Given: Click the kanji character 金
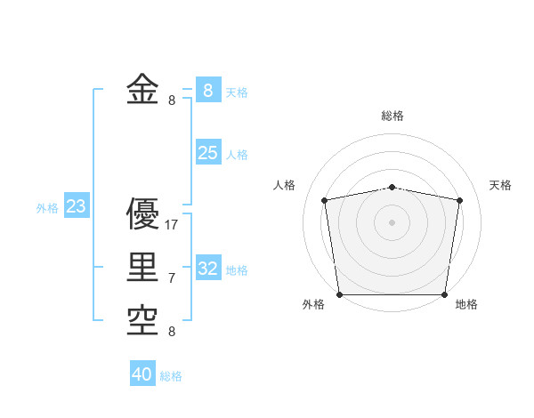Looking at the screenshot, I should tap(143, 91).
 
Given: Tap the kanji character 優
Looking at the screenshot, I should tap(143, 215).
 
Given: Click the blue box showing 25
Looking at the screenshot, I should tap(207, 153).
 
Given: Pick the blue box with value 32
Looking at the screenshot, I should tap(207, 269).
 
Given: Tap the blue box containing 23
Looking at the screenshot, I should tap(76, 207).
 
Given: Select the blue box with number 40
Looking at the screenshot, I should tap(142, 374).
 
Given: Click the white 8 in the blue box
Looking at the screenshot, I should tap(207, 91).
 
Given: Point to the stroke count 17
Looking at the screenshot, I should tap(172, 225).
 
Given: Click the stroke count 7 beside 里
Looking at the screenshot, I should tap(172, 278).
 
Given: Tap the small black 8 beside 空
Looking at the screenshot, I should tap(172, 332).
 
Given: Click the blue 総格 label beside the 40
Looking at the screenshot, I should tap(171, 376).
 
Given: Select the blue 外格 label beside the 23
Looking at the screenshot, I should tap(47, 208).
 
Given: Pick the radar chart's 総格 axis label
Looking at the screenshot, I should tap(392, 116).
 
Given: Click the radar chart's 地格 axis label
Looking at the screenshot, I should tap(466, 304).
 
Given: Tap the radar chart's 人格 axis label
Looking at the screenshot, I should tap(284, 185).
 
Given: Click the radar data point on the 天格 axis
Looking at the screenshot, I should tap(459, 200).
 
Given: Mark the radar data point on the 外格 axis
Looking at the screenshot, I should tap(339, 294).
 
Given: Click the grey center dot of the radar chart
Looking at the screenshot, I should tap(392, 221).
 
